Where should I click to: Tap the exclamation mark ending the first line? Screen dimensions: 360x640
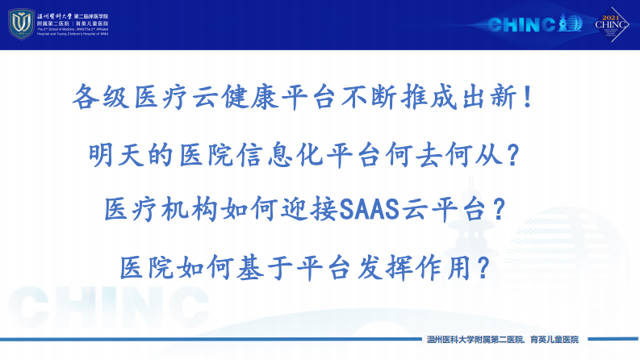pyautogui.click(x=528, y=98)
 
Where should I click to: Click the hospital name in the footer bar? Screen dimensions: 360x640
pyautogui.click(x=502, y=340)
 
